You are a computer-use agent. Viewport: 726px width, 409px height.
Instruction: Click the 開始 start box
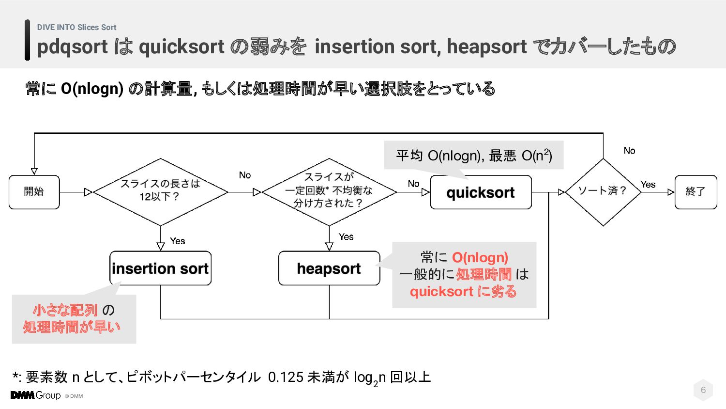(x=34, y=192)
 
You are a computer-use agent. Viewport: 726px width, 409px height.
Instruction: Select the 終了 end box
(x=696, y=192)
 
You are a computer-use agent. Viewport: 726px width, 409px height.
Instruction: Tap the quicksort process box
(x=481, y=192)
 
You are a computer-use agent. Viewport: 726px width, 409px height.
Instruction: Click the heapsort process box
(x=329, y=268)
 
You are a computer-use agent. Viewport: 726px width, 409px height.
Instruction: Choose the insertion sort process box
(x=160, y=268)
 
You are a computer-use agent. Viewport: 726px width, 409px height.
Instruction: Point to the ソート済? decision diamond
(x=603, y=191)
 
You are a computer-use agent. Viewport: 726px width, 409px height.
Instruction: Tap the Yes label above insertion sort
(x=178, y=241)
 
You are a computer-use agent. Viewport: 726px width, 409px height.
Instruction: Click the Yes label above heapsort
(x=346, y=236)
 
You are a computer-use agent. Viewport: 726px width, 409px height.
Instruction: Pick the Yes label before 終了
(x=648, y=185)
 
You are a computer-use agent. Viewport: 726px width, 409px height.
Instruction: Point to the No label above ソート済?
(x=629, y=151)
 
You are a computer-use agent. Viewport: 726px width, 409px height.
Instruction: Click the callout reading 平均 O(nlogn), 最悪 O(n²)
(x=474, y=155)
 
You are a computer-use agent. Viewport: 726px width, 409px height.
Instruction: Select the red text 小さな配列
(x=65, y=310)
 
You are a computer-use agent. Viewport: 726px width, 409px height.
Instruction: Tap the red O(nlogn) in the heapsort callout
(x=480, y=257)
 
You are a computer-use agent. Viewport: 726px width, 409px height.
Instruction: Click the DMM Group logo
(x=36, y=395)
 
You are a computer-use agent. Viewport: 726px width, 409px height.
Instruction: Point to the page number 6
(x=703, y=390)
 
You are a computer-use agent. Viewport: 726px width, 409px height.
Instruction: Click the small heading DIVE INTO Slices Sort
(x=76, y=28)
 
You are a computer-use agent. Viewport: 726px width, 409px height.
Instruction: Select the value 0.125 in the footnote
(x=286, y=377)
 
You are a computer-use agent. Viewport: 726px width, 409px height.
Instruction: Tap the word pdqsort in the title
(x=73, y=47)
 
